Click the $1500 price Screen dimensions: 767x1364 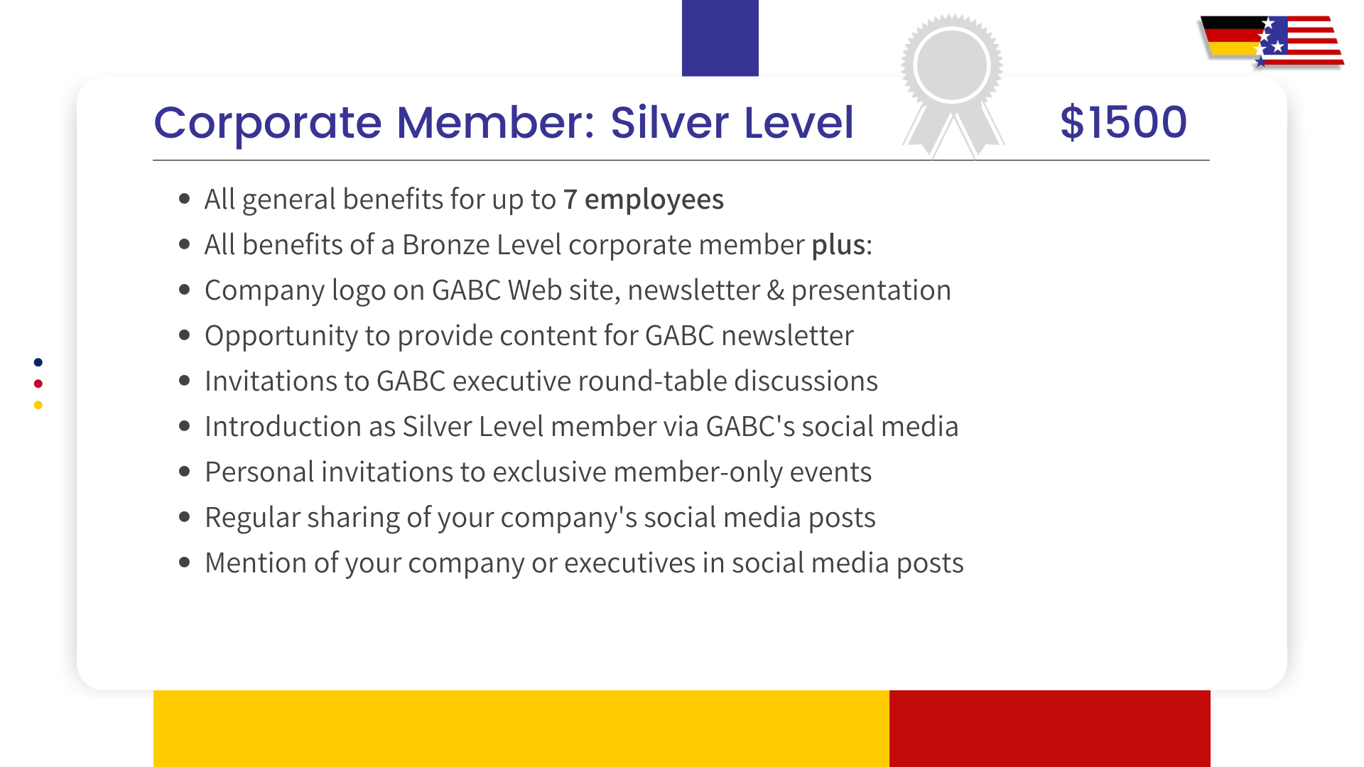point(1123,122)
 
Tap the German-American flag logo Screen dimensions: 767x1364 point(1271,41)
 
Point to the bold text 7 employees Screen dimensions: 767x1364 point(644,200)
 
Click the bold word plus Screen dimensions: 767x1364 point(838,245)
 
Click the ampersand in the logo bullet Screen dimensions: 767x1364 point(775,290)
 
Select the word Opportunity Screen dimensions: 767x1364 point(281,336)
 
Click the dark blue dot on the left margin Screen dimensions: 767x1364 point(38,362)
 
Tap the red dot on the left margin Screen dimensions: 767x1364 point(38,383)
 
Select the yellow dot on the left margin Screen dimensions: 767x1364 point(38,405)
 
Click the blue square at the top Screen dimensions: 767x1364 point(720,38)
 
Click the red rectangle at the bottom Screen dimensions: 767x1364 point(1049,728)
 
